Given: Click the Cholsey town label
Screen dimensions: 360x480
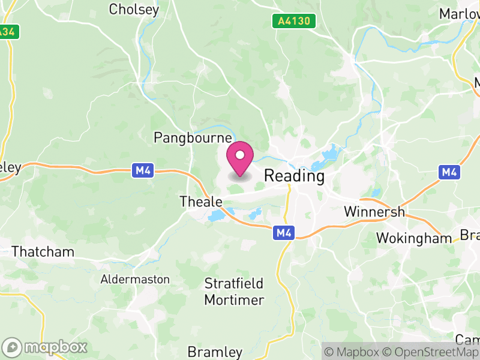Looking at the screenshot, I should click(134, 10).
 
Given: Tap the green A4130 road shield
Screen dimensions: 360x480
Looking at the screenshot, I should click(293, 21).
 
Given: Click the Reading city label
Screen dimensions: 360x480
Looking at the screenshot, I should click(294, 176).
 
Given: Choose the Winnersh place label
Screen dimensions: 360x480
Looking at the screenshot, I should click(375, 212).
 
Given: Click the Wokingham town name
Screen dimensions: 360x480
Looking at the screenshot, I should click(413, 238).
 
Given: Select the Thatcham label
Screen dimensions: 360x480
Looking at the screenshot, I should click(43, 251).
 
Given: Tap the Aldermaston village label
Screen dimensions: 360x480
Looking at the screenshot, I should click(135, 280).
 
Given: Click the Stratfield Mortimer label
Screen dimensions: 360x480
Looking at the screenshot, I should click(234, 291).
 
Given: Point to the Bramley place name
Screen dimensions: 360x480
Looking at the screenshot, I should click(215, 352).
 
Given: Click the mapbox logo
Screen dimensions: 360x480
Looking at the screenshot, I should click(46, 347).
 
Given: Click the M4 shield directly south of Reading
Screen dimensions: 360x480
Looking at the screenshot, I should click(283, 232).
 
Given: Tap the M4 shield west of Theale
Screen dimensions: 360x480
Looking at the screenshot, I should click(142, 171).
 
